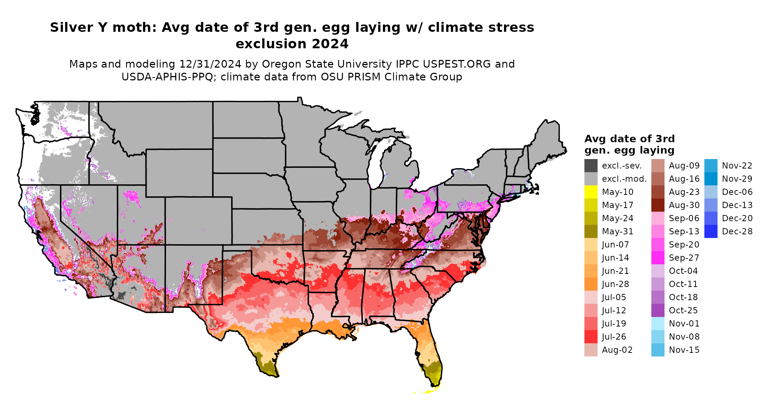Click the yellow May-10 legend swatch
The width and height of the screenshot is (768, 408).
coord(591,192)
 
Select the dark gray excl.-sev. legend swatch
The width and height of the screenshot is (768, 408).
coord(591,166)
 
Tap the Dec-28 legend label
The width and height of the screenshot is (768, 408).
coord(737,231)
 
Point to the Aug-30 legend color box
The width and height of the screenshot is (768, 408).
coord(658,205)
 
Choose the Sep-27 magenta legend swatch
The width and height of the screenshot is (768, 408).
coord(658,258)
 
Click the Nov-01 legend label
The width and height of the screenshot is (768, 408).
coord(684,324)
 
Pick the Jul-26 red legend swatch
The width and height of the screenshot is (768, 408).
coord(591,337)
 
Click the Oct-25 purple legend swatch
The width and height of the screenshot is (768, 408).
coord(658,310)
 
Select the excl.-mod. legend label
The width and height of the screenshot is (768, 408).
coord(624,179)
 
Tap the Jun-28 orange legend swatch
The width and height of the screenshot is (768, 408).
coord(591,284)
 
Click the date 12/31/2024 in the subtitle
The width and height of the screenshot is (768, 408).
coord(210,64)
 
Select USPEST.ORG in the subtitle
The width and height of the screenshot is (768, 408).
coord(457,64)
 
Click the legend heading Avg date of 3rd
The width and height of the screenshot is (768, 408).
coord(629,139)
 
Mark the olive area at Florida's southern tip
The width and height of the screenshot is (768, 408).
coord(434,377)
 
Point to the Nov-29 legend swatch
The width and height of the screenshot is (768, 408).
coord(711,179)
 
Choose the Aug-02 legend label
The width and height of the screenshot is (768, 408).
coord(617,350)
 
